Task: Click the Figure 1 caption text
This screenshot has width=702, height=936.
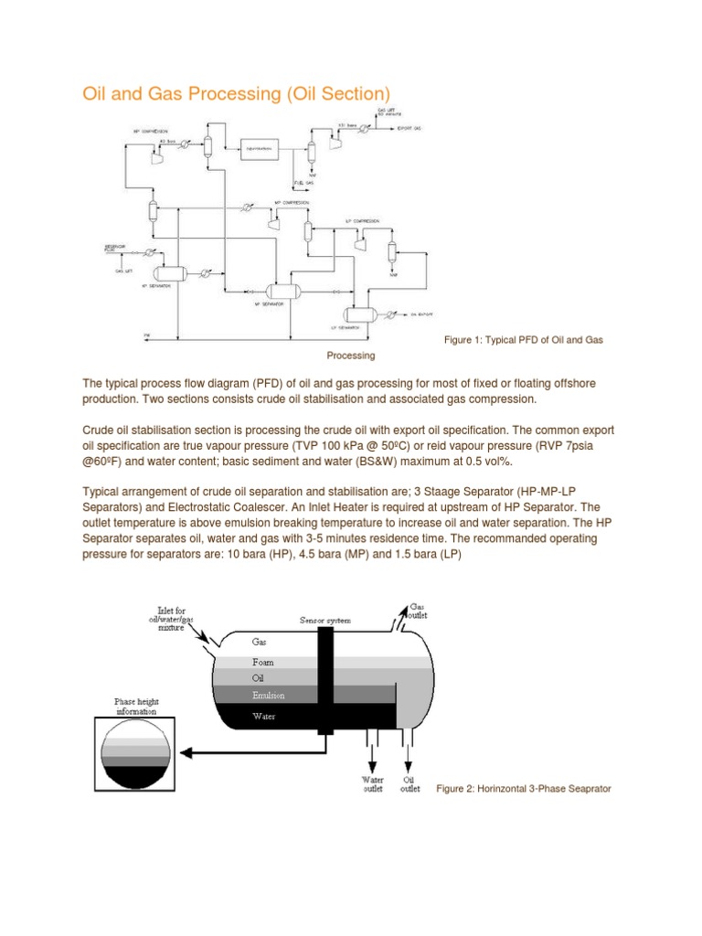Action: pos(523,340)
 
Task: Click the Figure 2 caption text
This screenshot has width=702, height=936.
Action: pos(524,788)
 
